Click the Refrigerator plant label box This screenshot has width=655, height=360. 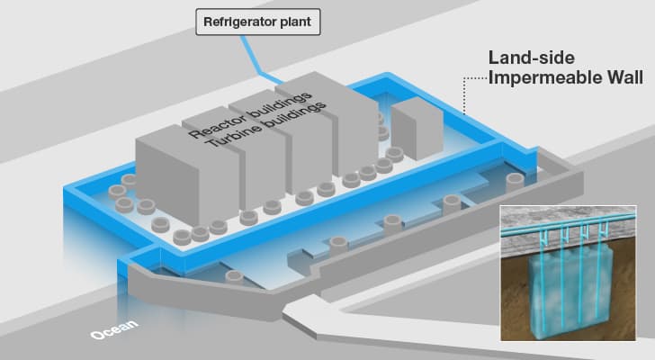[x=258, y=22]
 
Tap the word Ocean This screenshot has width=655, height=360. [x=113, y=329]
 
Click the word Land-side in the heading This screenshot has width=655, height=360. [x=532, y=58]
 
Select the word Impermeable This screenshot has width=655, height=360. [x=545, y=78]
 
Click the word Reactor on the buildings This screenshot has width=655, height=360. [x=216, y=122]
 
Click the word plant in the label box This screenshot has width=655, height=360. [x=297, y=22]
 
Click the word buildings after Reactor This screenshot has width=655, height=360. [x=279, y=105]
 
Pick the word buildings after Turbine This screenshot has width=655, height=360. [x=294, y=117]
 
